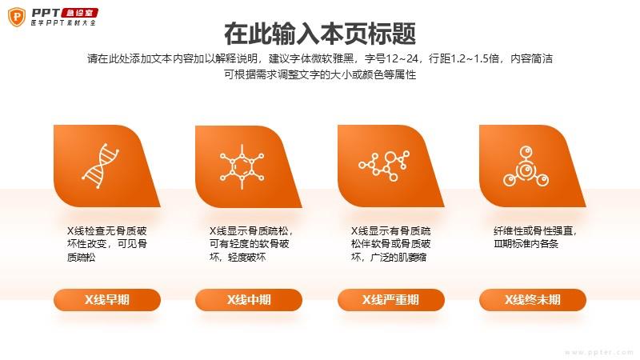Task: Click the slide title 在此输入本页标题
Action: pos(320,34)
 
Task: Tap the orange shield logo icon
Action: pos(17,17)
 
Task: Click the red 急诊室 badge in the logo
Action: pos(79,13)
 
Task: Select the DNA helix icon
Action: pos(101,166)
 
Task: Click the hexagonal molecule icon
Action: pos(242,167)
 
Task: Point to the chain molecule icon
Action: pos(384,166)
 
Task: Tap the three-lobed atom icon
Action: pos(526,166)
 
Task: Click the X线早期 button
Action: pos(107,300)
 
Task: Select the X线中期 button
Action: pos(249,300)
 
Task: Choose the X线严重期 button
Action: pos(391,300)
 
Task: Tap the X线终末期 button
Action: pos(533,300)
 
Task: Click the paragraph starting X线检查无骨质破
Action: pos(107,244)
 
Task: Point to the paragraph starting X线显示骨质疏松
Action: pos(250,244)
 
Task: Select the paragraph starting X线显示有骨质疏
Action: pos(390,244)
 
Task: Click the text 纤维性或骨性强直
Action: pos(534,231)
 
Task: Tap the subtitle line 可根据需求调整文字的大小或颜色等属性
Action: pos(320,74)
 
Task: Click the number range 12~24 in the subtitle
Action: pos(402,58)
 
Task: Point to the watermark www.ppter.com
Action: pos(598,352)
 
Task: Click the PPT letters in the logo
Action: pos(46,13)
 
